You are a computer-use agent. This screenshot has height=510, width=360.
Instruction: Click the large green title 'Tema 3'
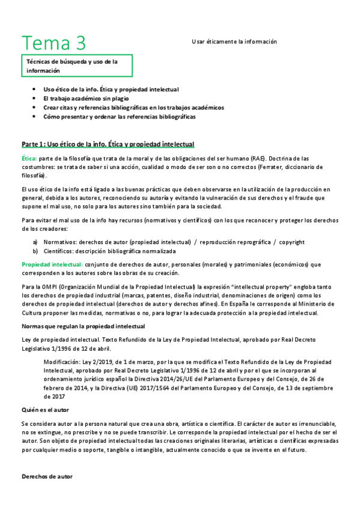[54, 43]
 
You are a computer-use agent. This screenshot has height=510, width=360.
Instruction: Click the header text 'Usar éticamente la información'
[234, 41]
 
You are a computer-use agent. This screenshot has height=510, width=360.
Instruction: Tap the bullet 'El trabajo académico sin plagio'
[86, 98]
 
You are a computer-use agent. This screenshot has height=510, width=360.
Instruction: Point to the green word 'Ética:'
[29, 158]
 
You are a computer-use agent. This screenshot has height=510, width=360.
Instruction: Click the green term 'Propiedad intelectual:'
[51, 264]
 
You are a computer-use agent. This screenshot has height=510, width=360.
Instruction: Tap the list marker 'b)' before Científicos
[35, 251]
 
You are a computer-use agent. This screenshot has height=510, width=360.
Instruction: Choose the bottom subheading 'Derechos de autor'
[47, 476]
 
